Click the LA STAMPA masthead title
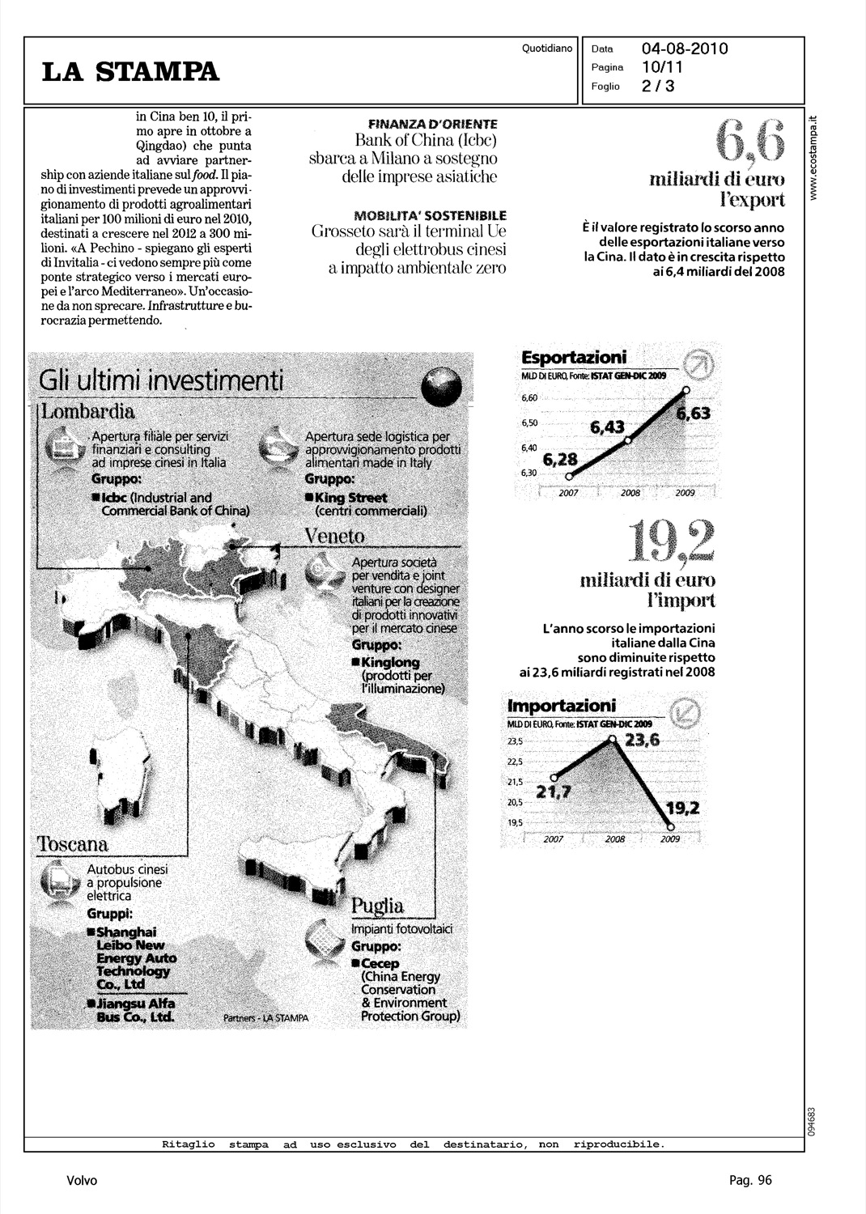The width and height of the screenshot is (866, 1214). tap(131, 72)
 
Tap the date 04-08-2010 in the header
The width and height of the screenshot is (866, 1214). tap(685, 49)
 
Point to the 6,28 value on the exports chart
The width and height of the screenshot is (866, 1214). tap(560, 460)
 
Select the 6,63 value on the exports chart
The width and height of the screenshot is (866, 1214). tap(693, 414)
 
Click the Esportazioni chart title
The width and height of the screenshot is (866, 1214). tap(574, 358)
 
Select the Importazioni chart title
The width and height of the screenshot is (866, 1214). tap(561, 705)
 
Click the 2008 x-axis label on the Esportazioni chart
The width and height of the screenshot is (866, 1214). tap(630, 493)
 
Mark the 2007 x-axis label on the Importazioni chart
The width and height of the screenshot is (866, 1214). tap(553, 839)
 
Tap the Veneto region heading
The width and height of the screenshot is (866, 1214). tap(334, 537)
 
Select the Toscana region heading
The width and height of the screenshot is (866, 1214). tap(73, 844)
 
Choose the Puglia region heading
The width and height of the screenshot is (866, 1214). tap(377, 905)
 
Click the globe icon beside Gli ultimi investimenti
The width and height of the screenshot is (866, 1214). tap(440, 386)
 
